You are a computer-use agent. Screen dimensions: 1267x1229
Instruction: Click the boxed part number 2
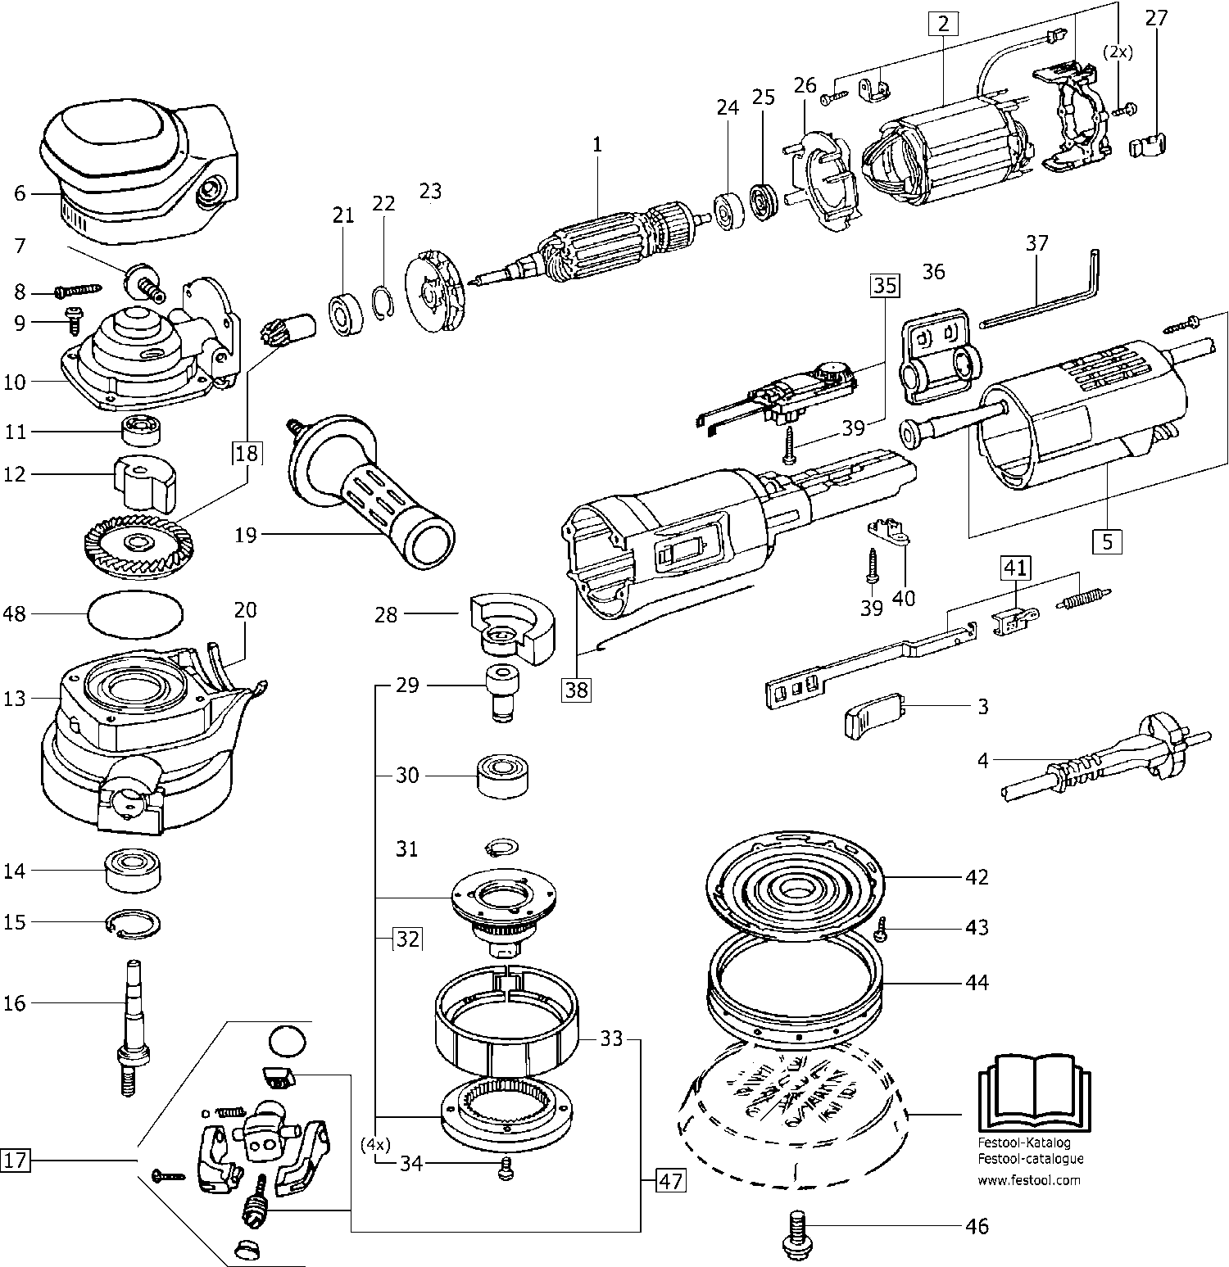(943, 24)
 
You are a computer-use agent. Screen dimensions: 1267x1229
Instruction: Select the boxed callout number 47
(670, 1182)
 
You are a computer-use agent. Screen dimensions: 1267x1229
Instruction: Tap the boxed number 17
(16, 1161)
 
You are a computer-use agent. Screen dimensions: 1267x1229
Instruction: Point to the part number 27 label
(1155, 18)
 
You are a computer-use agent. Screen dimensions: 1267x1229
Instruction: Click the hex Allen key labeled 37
(1041, 301)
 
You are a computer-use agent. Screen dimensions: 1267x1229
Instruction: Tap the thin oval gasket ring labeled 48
(134, 613)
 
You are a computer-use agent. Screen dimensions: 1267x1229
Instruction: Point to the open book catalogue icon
(1035, 1093)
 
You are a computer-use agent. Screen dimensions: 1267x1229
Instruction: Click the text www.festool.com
(1028, 1180)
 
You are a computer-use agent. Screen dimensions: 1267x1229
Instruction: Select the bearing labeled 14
(133, 871)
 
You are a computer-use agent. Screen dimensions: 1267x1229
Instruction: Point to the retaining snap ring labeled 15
(133, 923)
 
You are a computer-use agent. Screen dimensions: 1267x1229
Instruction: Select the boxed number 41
(1014, 568)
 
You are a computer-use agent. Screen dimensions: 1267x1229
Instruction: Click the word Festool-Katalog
(1024, 1142)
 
